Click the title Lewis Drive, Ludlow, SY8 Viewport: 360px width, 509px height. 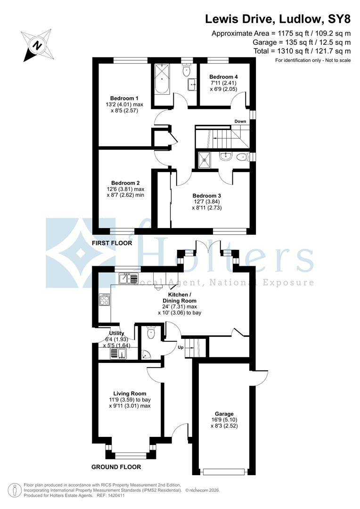(278, 19)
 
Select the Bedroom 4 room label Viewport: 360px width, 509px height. (223, 77)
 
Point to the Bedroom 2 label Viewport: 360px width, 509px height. (125, 183)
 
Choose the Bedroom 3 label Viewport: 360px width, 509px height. (206, 195)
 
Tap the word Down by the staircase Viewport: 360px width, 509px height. (240, 122)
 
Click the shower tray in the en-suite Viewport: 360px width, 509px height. (206, 159)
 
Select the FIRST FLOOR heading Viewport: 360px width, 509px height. (112, 243)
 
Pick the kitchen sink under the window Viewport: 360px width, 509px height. (128, 279)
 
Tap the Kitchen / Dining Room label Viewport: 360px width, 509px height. (180, 297)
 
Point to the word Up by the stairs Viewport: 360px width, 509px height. (180, 347)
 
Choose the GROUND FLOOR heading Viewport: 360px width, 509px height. (115, 467)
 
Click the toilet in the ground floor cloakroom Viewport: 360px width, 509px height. (151, 333)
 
